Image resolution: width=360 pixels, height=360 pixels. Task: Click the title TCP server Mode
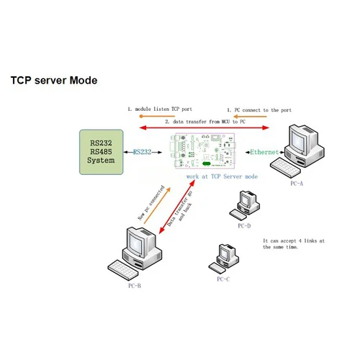(x=53, y=81)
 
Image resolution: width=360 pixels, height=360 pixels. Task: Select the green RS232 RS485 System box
(x=101, y=152)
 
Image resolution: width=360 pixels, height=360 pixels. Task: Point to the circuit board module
(x=205, y=153)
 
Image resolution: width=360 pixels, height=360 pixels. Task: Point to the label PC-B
(x=135, y=286)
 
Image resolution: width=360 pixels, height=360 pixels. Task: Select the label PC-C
(x=223, y=279)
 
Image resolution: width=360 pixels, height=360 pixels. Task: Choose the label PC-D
(x=244, y=225)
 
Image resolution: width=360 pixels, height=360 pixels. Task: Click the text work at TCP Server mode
(x=222, y=176)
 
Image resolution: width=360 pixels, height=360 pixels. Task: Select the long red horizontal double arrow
(x=204, y=128)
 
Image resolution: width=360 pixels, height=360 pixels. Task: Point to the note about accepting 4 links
(x=293, y=244)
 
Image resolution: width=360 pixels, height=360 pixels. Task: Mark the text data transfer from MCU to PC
(x=204, y=122)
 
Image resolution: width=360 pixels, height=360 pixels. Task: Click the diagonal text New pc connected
(x=152, y=203)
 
